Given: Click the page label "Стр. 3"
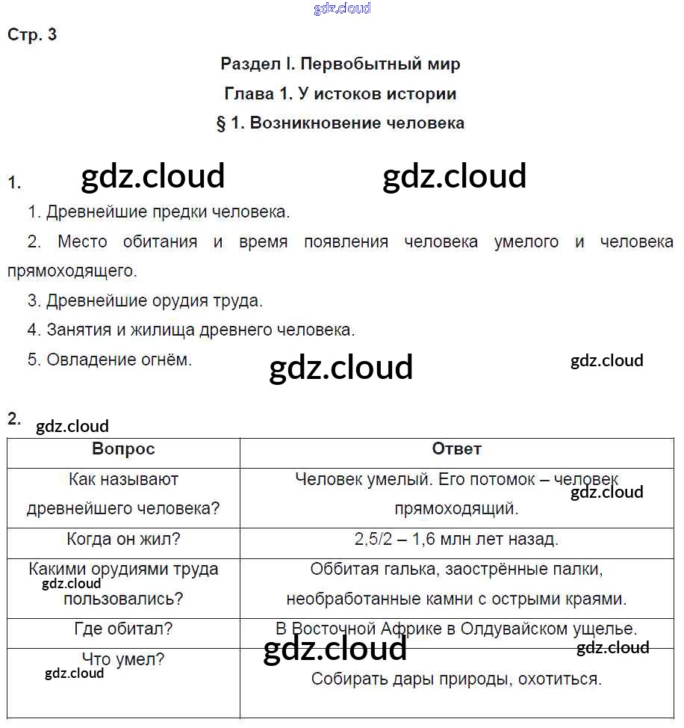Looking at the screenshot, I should click(32, 34).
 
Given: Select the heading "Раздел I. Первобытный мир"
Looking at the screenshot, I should click(341, 64).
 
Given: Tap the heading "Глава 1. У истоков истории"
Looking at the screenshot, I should click(341, 94).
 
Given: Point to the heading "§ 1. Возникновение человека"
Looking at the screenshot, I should click(341, 123).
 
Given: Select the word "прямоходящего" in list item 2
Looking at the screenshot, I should click(72, 271).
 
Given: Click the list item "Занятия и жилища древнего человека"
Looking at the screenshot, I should click(191, 330).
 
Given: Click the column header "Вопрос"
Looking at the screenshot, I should click(123, 449).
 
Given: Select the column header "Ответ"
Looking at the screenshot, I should click(457, 449).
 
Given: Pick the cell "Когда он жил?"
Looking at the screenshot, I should click(123, 539).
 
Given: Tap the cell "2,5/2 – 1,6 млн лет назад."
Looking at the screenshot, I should click(457, 539).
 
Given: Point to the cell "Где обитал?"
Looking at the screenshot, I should click(123, 629).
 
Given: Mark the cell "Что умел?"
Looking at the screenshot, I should click(123, 659).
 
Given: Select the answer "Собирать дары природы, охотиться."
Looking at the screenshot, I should click(457, 679).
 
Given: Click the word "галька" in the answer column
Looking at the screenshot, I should click(405, 570).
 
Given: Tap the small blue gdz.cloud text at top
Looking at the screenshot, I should click(342, 9).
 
